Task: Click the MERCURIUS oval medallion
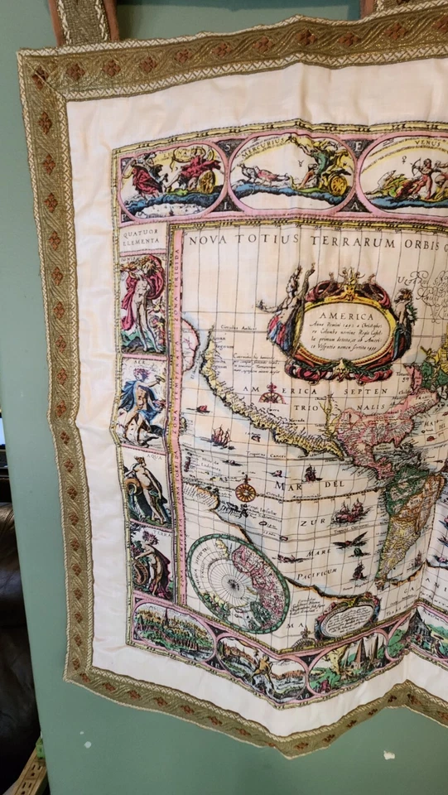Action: [x=291, y=170]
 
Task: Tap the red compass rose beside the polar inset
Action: [x=245, y=491]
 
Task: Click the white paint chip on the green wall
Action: [x=388, y=755]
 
